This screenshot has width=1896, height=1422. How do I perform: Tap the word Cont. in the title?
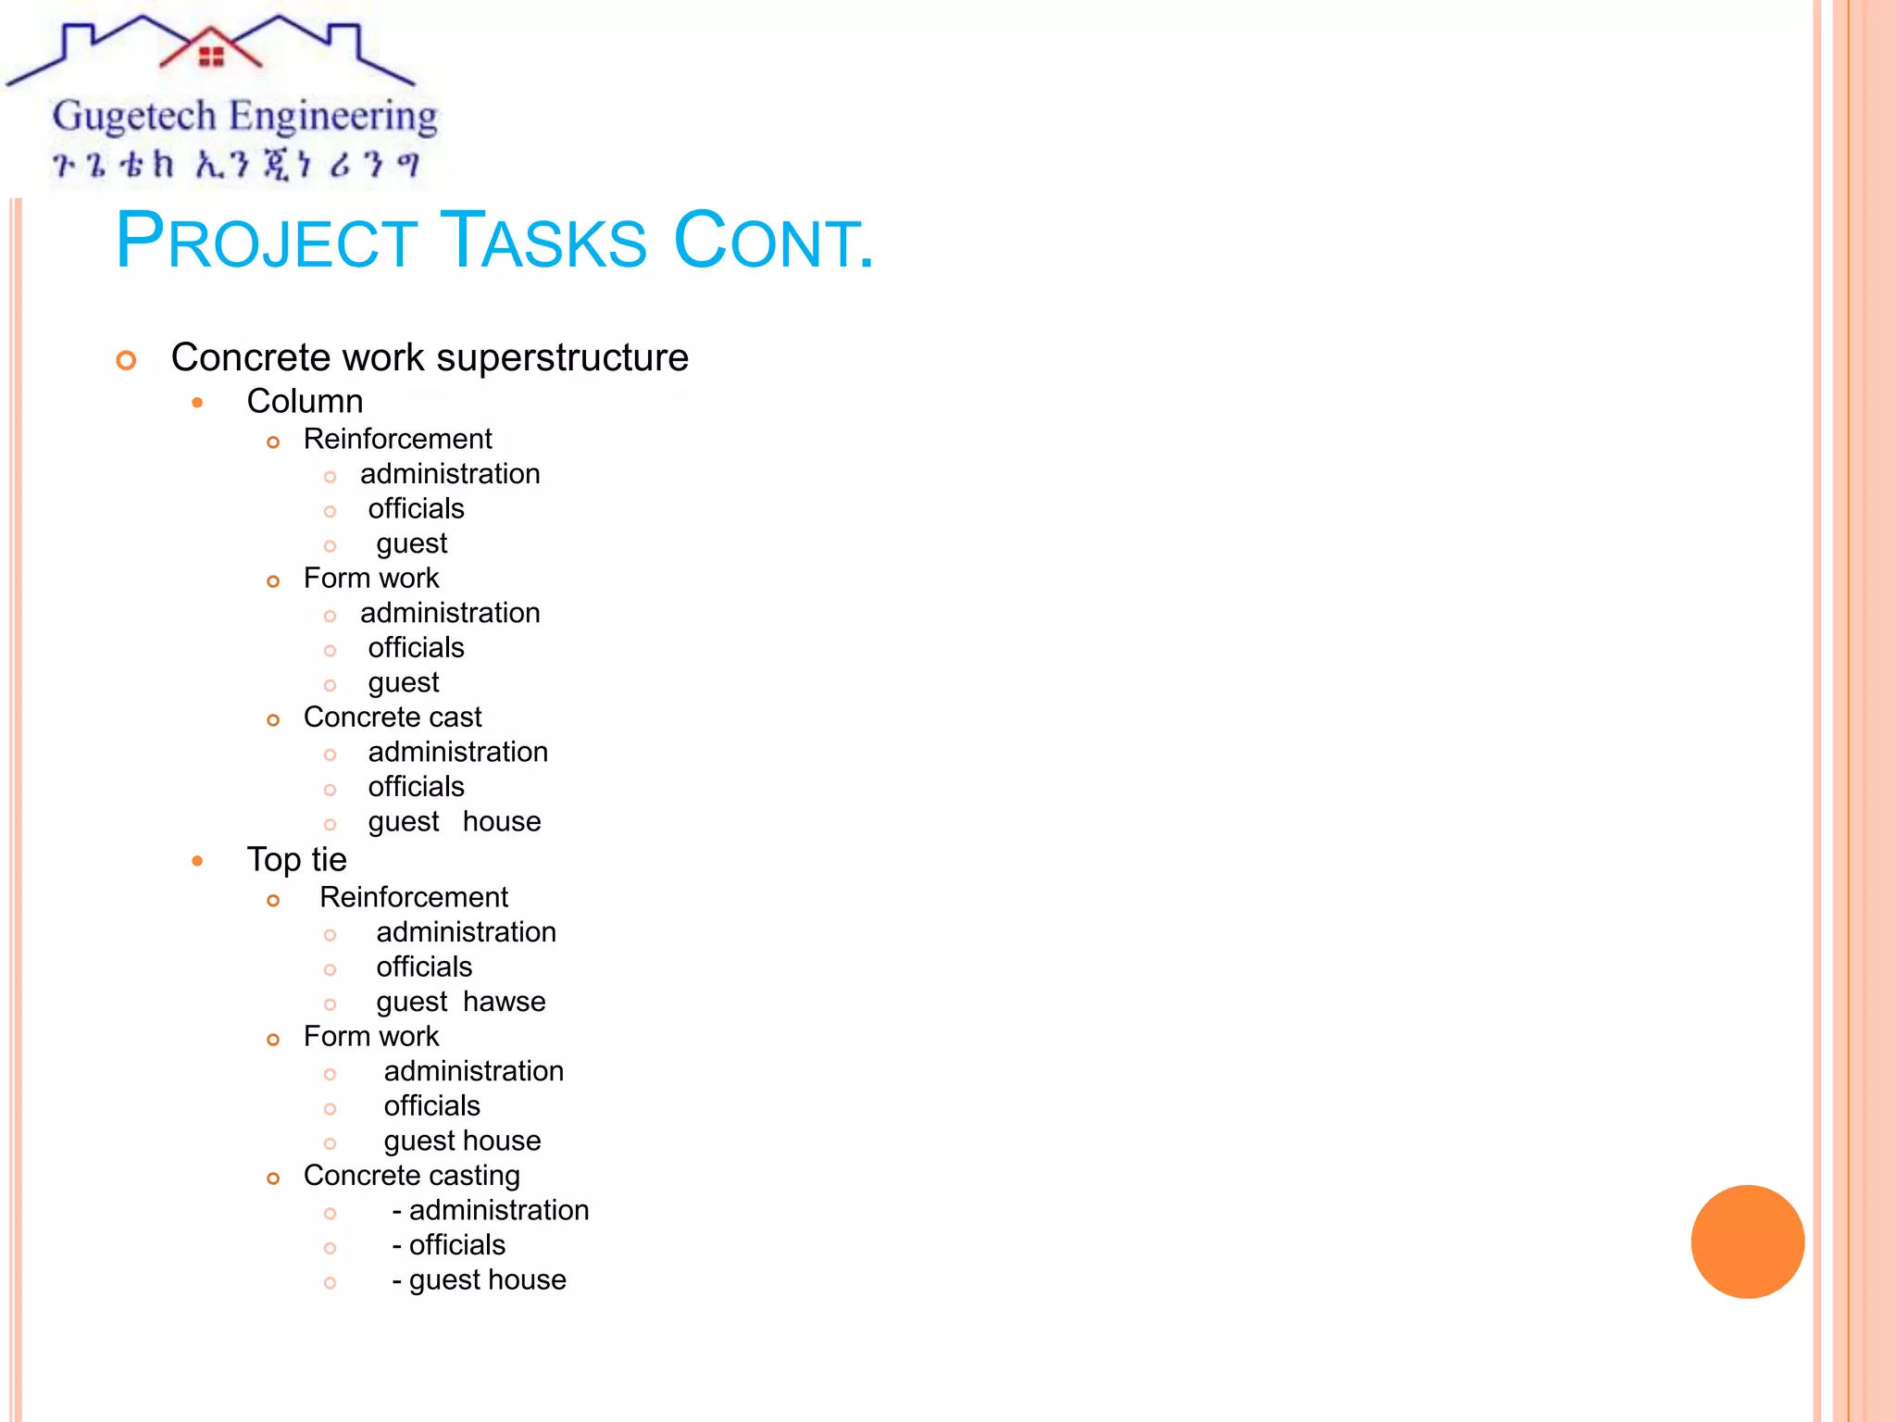[773, 241]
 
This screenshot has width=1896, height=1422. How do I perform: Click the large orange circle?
[1747, 1241]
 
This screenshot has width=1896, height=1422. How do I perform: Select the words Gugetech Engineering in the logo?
[244, 118]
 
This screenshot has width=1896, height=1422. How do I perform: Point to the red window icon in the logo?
[211, 56]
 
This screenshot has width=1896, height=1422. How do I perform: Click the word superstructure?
[562, 357]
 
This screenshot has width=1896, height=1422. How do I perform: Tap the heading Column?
[305, 401]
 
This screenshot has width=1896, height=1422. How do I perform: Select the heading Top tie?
[296, 859]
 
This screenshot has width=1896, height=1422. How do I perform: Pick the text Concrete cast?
[393, 717]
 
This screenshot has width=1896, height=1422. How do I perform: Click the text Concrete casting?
[411, 1176]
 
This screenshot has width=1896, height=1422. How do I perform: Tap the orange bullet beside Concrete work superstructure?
[127, 360]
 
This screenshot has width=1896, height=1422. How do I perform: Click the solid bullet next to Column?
[197, 402]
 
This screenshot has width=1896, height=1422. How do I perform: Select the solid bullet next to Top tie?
[197, 861]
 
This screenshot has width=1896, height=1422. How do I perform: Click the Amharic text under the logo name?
[236, 165]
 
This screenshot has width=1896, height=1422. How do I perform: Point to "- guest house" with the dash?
[479, 1279]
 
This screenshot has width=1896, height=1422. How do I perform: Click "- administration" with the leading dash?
[490, 1210]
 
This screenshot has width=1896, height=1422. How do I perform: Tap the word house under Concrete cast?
[502, 821]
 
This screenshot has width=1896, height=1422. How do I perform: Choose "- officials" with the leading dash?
[448, 1245]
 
